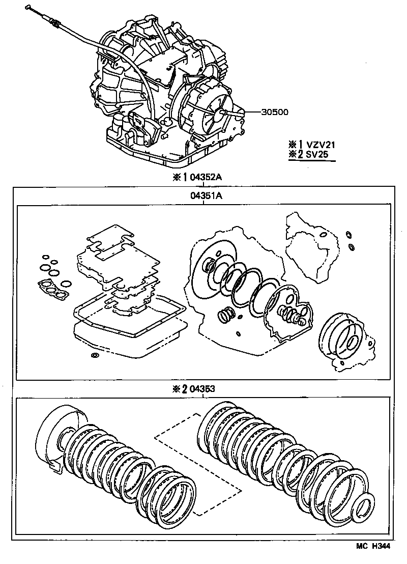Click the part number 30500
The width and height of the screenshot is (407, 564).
point(275,112)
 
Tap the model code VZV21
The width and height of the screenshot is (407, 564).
point(321,145)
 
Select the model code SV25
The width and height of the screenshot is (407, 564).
point(317,154)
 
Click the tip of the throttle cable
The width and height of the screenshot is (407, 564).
point(28,6)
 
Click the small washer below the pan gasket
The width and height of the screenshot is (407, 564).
point(95,356)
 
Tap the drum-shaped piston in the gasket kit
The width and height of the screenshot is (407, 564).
point(339,336)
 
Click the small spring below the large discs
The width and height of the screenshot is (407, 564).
point(225,315)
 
